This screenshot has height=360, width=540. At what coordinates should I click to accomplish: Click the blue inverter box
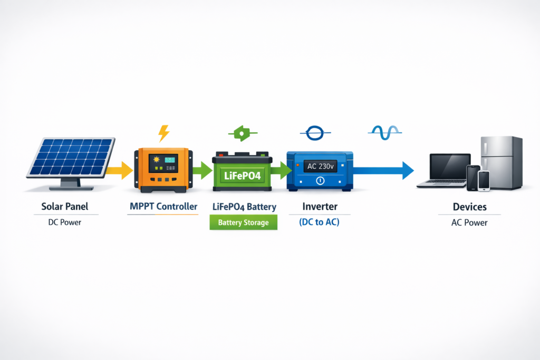coord(320,170)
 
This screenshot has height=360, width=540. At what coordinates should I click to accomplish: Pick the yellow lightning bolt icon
coord(164,133)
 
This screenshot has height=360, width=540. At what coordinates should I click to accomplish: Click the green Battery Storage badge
coord(243,222)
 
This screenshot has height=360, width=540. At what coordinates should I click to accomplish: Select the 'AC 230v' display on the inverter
coord(320,166)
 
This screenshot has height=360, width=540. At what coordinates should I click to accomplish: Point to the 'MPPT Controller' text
coord(163,207)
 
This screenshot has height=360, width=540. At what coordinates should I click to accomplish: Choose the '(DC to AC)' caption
coord(319,222)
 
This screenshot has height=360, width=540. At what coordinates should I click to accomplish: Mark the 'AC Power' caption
coord(469,222)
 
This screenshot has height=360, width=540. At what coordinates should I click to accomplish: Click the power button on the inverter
coord(320,181)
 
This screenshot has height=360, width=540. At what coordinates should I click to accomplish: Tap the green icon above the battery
coord(242,133)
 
